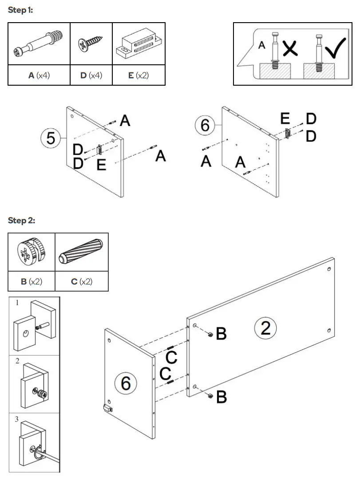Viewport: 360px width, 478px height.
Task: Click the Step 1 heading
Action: click(x=20, y=10)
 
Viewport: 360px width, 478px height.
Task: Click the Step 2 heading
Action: click(x=21, y=221)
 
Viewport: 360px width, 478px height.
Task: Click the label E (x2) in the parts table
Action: click(x=138, y=75)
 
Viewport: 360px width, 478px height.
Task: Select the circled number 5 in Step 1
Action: click(x=51, y=138)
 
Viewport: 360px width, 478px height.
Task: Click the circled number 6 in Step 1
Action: click(x=205, y=126)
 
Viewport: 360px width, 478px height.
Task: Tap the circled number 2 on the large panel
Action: click(x=265, y=328)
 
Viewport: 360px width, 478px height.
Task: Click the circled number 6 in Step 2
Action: click(x=126, y=382)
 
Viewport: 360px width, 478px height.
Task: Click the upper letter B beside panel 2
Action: click(x=221, y=334)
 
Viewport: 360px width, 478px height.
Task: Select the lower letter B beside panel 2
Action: click(x=221, y=397)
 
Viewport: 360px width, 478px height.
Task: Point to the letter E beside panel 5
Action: click(x=101, y=166)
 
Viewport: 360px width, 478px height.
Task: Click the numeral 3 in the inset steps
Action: click(x=17, y=419)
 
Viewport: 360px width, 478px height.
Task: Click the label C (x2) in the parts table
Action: click(x=81, y=282)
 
